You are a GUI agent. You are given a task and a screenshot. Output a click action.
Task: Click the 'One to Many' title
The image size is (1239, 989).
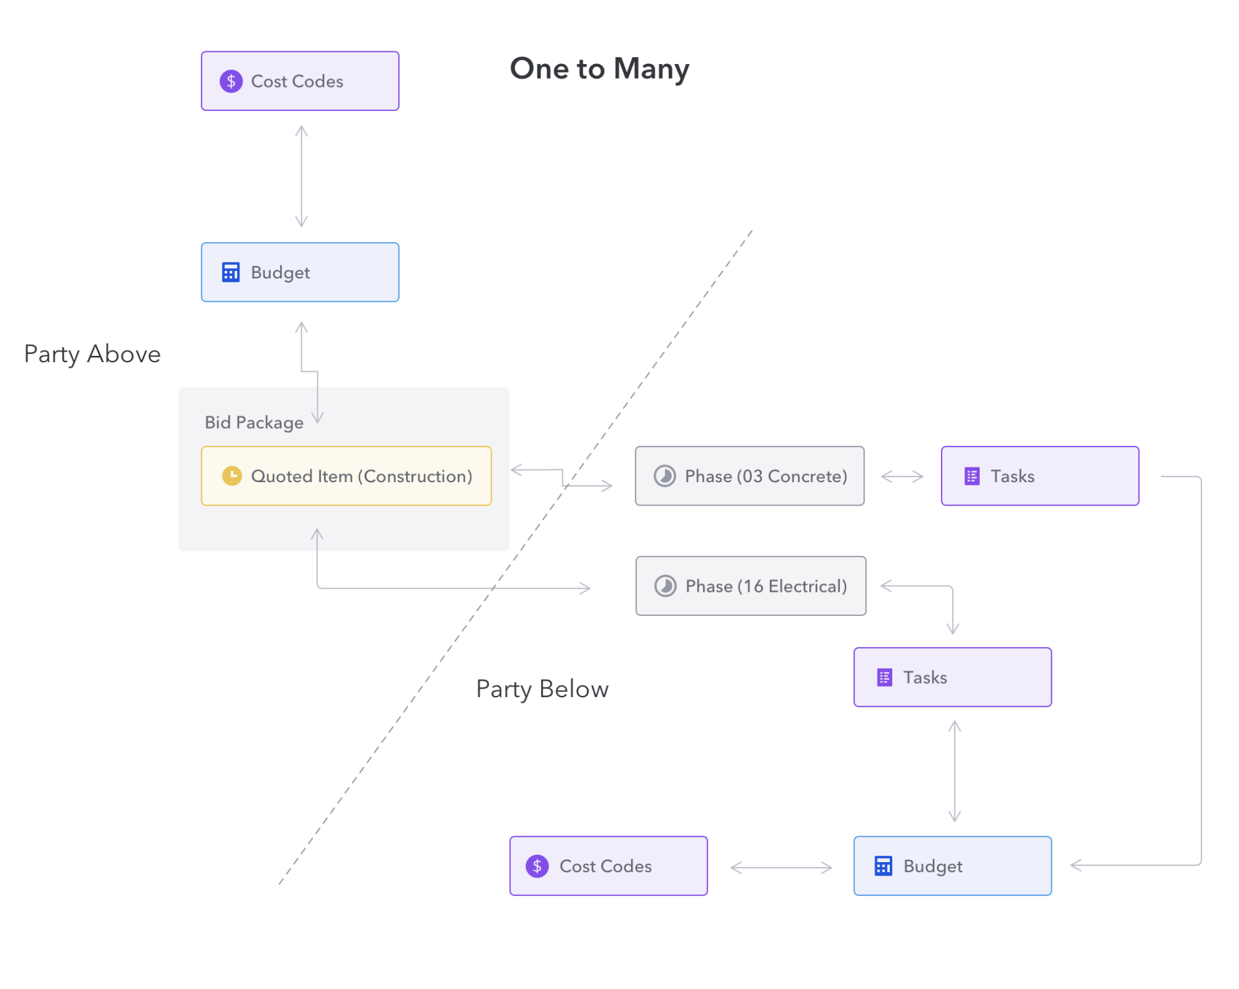click(599, 69)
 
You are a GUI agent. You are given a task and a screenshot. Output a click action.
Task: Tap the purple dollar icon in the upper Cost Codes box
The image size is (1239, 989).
click(231, 81)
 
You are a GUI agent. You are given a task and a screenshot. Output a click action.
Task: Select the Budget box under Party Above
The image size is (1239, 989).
click(300, 272)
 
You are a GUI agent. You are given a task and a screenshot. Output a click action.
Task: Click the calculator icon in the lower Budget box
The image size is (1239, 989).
click(883, 866)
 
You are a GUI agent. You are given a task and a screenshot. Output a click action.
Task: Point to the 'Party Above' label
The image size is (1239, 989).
click(92, 355)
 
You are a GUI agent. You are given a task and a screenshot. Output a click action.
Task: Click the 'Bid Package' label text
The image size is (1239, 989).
click(254, 422)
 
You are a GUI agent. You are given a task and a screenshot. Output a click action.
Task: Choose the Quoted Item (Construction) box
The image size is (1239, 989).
click(346, 476)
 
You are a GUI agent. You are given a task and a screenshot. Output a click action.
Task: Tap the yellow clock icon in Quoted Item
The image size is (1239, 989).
click(232, 476)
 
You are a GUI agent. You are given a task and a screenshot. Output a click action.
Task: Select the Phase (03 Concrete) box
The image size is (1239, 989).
click(749, 476)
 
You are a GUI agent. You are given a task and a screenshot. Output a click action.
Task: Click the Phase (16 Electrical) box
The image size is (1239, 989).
click(751, 586)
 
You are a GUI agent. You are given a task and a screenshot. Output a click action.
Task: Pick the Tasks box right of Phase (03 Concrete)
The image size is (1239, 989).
click(1039, 476)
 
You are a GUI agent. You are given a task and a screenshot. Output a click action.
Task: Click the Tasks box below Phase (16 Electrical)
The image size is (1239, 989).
click(952, 677)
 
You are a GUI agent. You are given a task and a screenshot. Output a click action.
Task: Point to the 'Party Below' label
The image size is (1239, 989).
click(542, 689)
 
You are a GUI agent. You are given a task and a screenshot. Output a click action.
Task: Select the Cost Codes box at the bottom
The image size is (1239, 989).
click(608, 866)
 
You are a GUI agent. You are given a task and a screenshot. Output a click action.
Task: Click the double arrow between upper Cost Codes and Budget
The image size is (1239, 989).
click(301, 176)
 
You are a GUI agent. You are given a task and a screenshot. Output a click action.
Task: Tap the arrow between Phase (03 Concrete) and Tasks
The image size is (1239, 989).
click(902, 476)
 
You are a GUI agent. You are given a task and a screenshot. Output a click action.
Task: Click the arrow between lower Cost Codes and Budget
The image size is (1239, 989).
click(781, 868)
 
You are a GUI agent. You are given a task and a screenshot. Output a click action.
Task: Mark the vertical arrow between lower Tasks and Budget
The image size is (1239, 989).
click(954, 771)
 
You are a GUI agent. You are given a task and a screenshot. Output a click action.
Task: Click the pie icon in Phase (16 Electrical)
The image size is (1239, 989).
click(665, 586)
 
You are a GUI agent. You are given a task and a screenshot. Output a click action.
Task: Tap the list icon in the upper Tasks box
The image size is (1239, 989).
click(972, 476)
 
